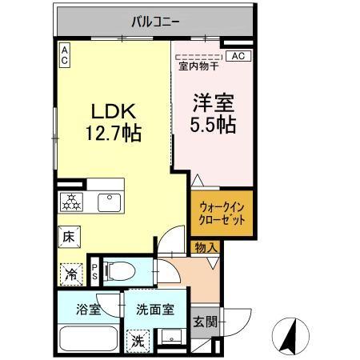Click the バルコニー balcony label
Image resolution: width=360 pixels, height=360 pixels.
click(156, 21)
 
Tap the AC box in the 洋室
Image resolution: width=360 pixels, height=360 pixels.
click(238, 55)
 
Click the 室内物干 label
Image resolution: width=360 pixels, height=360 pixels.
click(198, 66)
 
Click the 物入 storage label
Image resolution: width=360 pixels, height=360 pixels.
click(206, 248)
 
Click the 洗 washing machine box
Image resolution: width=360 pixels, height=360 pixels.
click(138, 339)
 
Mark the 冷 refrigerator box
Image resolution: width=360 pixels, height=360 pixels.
click(70, 272)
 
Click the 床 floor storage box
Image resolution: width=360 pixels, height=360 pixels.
click(69, 238)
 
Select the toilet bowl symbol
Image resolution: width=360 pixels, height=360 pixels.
click(117, 271)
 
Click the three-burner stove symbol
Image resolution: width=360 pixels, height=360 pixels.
click(72, 202)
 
